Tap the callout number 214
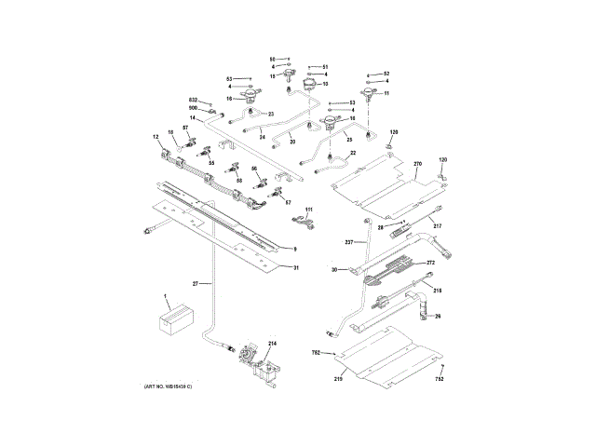(273, 344)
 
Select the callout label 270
(418, 165)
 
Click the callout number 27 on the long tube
(196, 282)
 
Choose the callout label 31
(296, 268)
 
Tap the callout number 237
(349, 242)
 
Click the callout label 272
(431, 263)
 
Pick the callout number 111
(310, 210)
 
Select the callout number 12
(156, 137)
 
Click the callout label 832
(194, 100)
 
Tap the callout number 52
(386, 73)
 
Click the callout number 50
(273, 59)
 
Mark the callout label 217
(437, 226)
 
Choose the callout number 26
(437, 316)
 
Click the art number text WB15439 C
(174, 386)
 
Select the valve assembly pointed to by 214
(250, 358)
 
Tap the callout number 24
(263, 138)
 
